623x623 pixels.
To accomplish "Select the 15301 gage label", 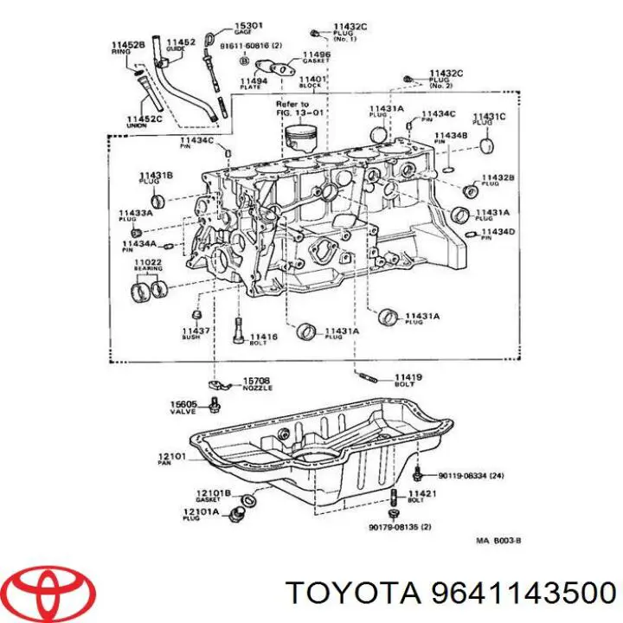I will pyautogui.click(x=226, y=30).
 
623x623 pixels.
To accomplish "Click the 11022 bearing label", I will pyautogui.click(x=148, y=265).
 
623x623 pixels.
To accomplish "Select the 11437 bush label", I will pyautogui.click(x=196, y=335).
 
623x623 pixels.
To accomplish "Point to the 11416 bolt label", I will pyautogui.click(x=264, y=339).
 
